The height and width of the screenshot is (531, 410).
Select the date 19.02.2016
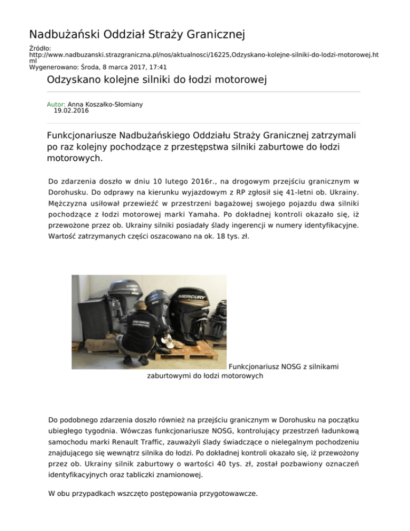click(x=72, y=111)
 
